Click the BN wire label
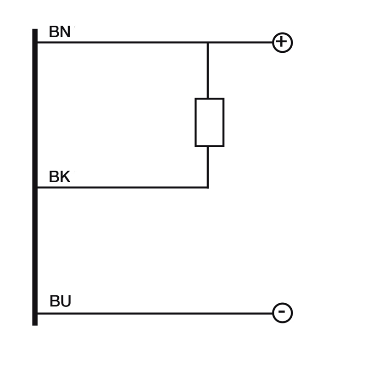tap(60, 32)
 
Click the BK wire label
tap(59, 177)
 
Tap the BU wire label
tap(60, 301)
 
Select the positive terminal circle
tap(282, 43)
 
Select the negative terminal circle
tap(282, 313)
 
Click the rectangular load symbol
tap(209, 122)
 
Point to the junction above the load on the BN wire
tap(208, 43)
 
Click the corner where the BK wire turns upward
tap(208, 187)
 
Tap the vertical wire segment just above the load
tap(208, 71)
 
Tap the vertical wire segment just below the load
tap(208, 166)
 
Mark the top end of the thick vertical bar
tap(35, 30)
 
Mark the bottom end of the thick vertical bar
tap(35, 324)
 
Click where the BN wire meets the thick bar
tap(36, 43)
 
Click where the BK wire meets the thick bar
tap(36, 187)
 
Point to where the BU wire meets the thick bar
tap(36, 313)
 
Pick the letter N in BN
tap(66, 32)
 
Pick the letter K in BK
tap(65, 177)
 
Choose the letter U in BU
tap(66, 301)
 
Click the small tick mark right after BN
tap(74, 27)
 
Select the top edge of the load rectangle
tap(209, 99)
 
